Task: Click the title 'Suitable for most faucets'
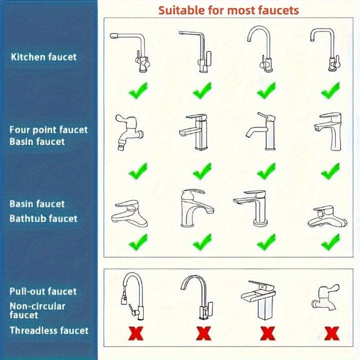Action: [228, 10]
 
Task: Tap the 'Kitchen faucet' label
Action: [43, 57]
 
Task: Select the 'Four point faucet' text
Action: [48, 130]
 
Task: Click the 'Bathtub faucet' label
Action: [43, 218]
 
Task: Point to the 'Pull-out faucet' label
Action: [43, 291]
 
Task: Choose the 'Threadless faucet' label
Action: [49, 330]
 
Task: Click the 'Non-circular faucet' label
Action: [37, 310]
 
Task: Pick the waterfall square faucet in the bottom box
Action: [259, 300]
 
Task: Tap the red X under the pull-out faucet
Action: [135, 333]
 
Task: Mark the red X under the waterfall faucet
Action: [267, 333]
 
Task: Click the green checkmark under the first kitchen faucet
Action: [138, 91]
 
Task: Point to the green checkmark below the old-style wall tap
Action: [138, 171]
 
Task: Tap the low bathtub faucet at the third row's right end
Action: [327, 216]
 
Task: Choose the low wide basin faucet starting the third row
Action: [129, 213]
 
